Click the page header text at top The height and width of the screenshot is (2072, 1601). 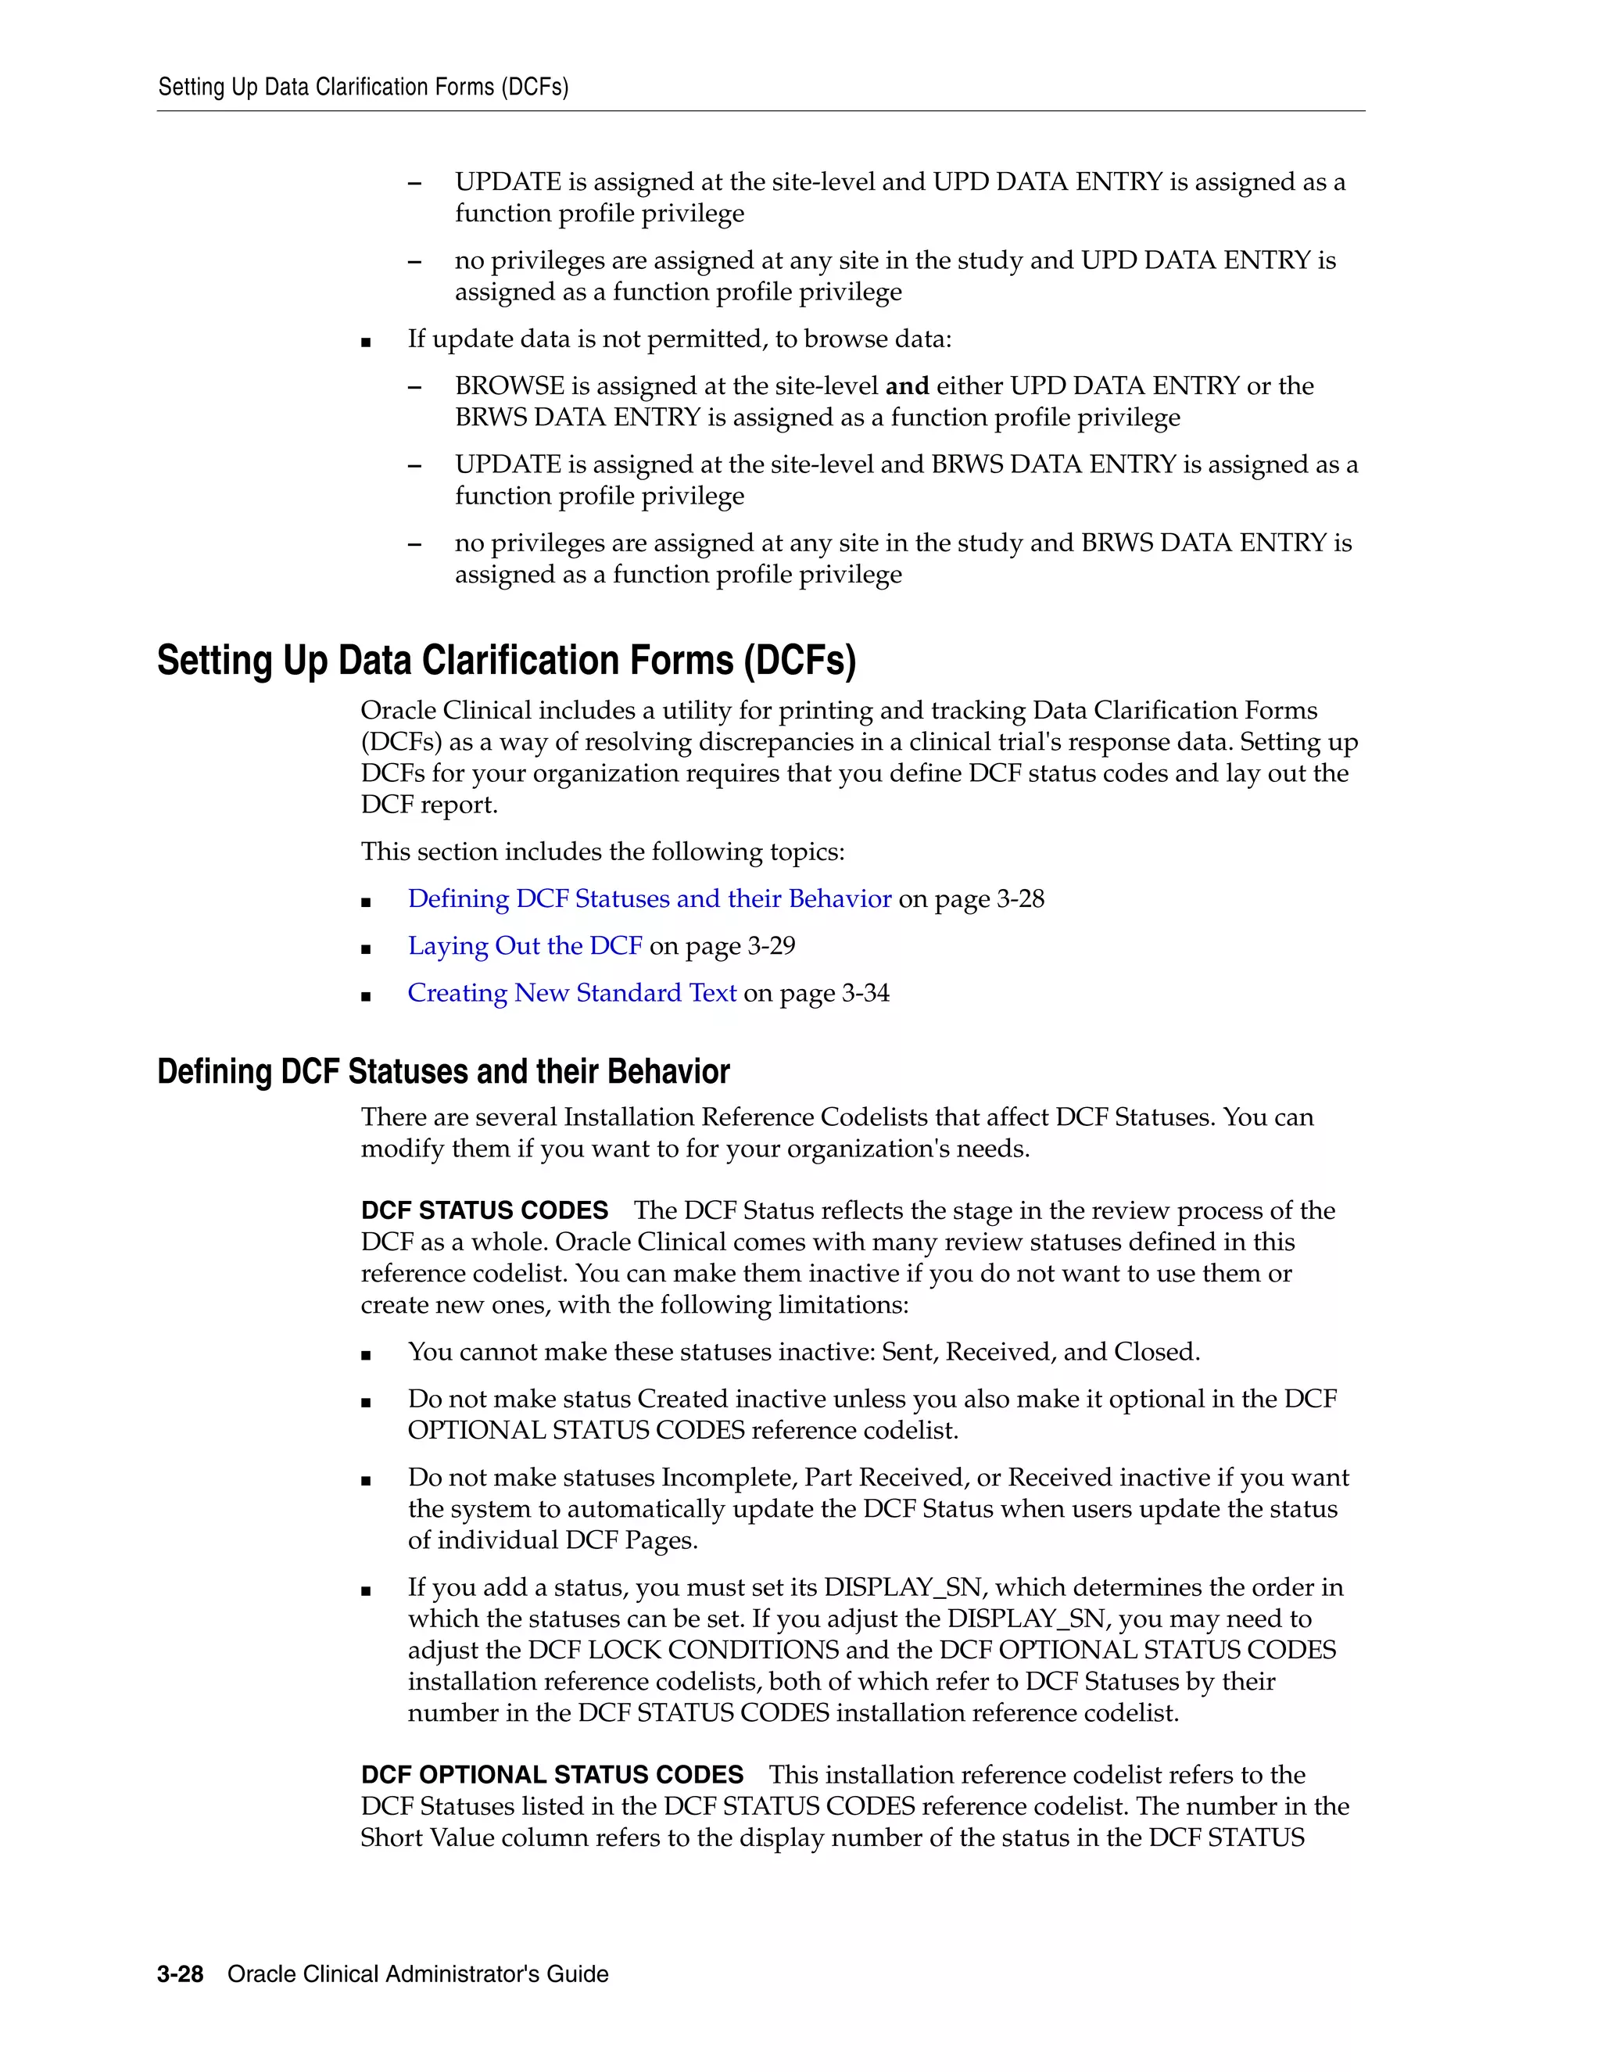pyautogui.click(x=364, y=88)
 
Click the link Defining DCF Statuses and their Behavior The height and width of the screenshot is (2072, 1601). pyautogui.click(x=649, y=898)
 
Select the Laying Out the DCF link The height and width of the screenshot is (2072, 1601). pyautogui.click(x=525, y=946)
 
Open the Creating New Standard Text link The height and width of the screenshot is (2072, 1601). pyautogui.click(x=572, y=992)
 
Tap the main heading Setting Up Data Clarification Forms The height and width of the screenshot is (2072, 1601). pyautogui.click(x=507, y=661)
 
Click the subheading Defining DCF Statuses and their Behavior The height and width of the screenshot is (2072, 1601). pyautogui.click(x=443, y=1071)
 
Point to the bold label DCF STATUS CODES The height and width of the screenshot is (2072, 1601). pyautogui.click(x=485, y=1210)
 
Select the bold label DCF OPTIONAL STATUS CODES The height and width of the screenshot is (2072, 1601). pyautogui.click(x=552, y=1775)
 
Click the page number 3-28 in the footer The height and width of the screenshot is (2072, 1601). pyautogui.click(x=181, y=1974)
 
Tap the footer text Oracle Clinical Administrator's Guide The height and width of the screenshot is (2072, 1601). pyautogui.click(x=418, y=1974)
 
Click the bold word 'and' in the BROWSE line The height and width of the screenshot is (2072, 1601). pyautogui.click(x=907, y=386)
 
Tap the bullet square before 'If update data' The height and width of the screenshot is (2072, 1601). pyautogui.click(x=366, y=342)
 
